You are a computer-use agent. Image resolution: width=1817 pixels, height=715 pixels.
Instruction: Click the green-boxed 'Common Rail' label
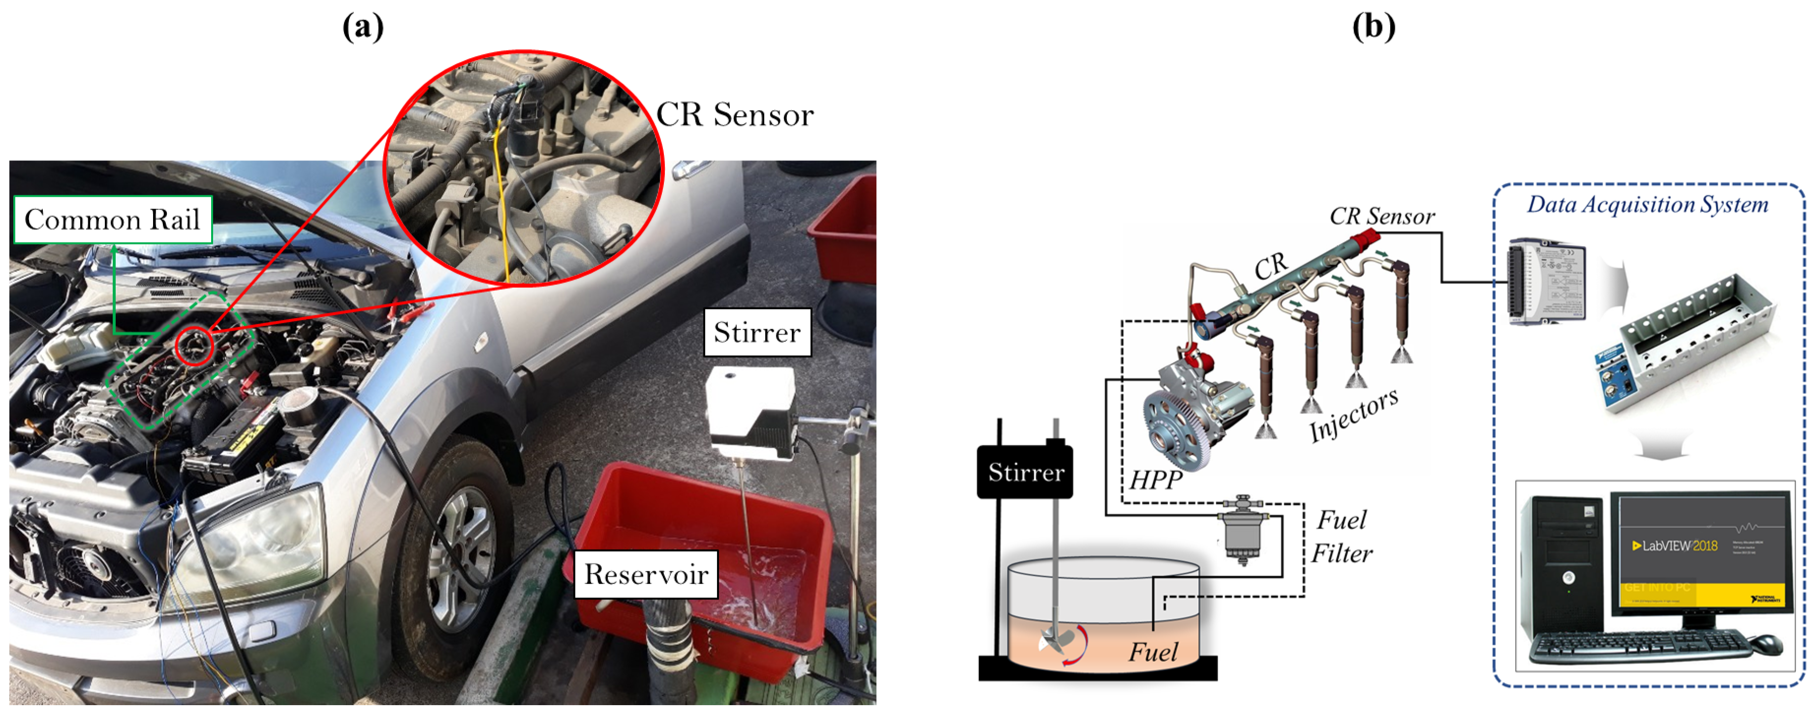113,219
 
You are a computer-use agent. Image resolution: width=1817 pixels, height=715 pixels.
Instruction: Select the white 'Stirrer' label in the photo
757,332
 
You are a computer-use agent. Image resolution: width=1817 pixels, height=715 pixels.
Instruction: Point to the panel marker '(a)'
363,27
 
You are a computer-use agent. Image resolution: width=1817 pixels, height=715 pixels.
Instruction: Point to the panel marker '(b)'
1373,27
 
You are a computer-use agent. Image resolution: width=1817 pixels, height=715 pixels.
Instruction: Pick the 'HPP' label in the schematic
1156,480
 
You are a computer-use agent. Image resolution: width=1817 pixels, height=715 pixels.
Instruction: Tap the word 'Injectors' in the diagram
1353,416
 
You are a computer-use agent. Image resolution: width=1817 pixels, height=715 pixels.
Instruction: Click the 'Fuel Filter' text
1342,536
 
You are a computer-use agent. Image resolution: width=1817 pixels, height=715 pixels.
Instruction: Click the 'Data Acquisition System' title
1647,205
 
